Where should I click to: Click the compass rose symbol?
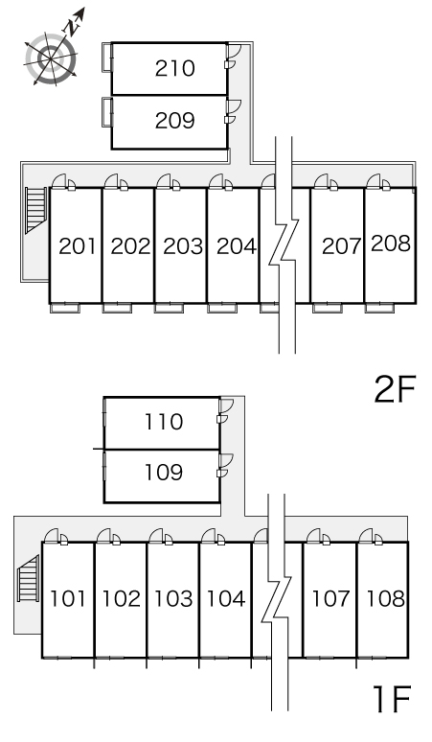(x=51, y=58)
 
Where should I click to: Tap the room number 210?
(x=175, y=69)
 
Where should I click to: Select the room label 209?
(x=175, y=121)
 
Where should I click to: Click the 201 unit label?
(x=78, y=246)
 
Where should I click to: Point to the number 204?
(x=237, y=246)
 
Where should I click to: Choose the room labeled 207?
(x=341, y=246)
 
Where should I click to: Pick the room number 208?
(x=391, y=243)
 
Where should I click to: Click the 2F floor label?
(x=395, y=389)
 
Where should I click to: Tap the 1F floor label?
(x=392, y=699)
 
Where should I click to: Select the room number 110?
(x=164, y=422)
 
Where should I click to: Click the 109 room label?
(x=164, y=473)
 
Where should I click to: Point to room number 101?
(x=69, y=598)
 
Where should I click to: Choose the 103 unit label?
(x=174, y=598)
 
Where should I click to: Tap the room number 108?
(x=386, y=598)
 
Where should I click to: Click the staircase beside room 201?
(x=36, y=210)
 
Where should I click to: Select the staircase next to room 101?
(x=29, y=578)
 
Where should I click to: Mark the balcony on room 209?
(x=107, y=112)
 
